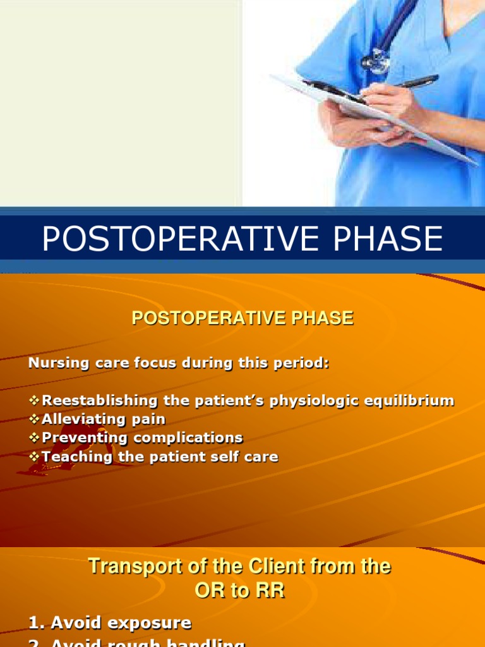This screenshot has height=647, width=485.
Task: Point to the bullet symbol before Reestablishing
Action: point(34,401)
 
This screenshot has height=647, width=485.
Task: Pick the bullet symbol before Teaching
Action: point(34,456)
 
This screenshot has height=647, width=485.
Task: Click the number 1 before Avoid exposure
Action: point(34,623)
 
